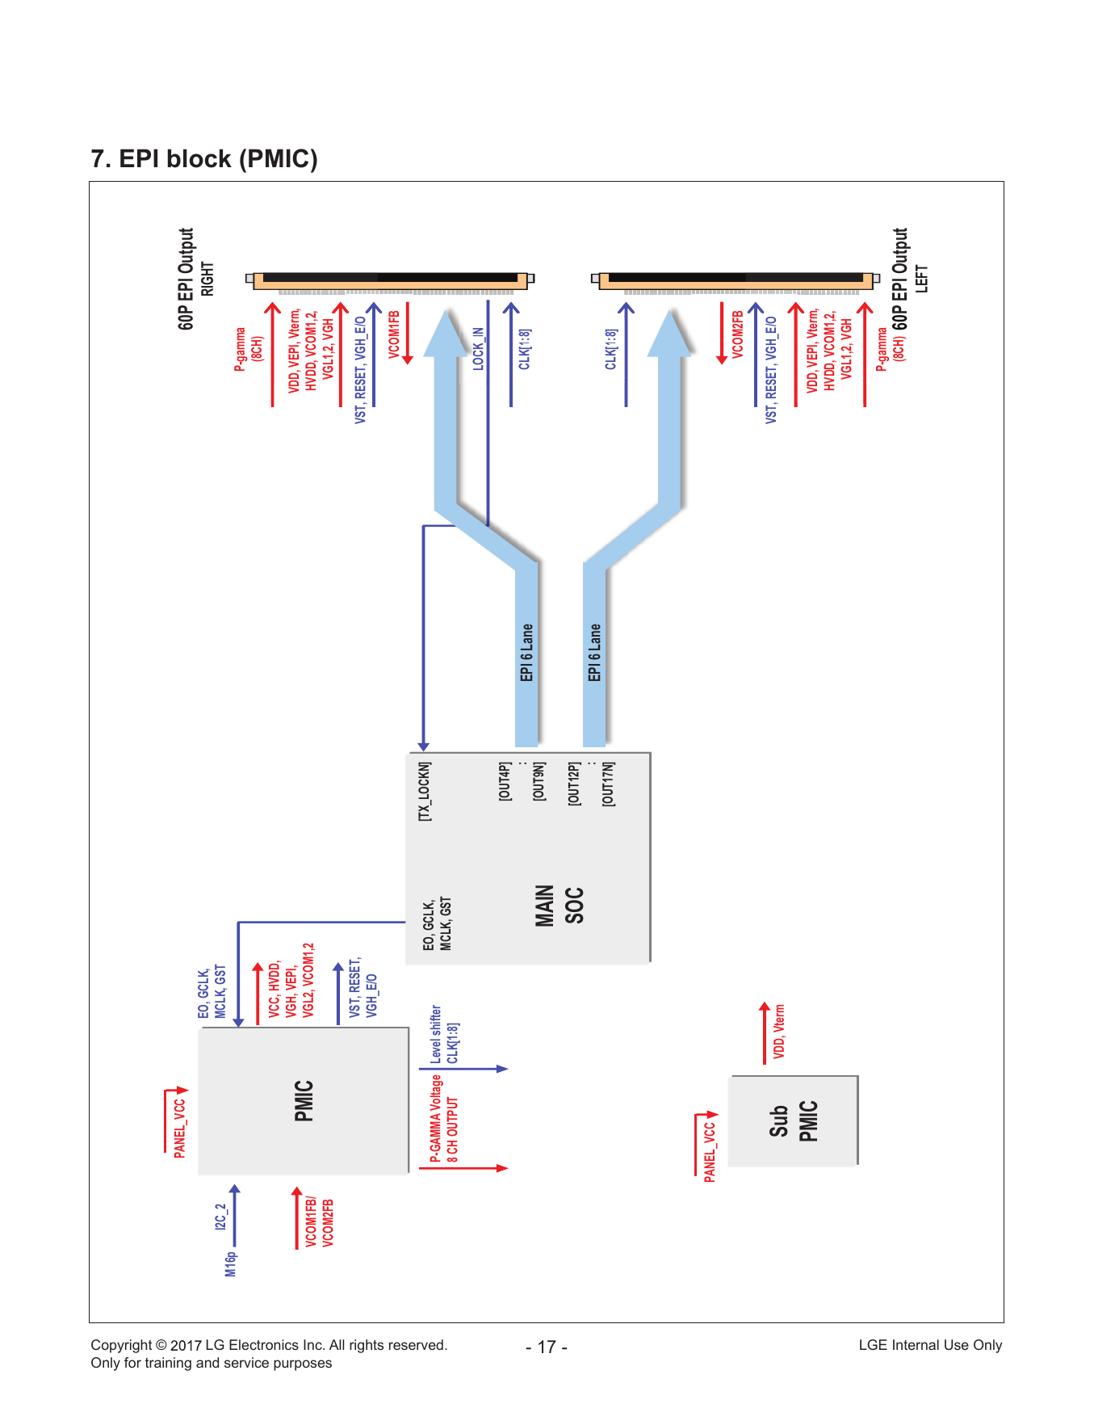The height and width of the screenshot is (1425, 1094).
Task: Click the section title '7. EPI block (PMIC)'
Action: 204,159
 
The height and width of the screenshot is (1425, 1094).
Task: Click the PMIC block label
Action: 304,1101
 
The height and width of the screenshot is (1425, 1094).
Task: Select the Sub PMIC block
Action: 792,1120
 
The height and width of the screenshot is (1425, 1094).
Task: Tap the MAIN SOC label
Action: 558,906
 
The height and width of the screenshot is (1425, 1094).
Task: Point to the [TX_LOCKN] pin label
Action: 425,792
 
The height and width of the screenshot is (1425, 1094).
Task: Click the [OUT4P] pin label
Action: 505,781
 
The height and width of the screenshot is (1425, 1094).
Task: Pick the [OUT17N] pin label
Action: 608,784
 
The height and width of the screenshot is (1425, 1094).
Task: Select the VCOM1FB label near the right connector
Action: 394,334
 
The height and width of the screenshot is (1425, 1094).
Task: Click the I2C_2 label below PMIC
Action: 220,1217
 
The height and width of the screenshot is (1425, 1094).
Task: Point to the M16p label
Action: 231,1263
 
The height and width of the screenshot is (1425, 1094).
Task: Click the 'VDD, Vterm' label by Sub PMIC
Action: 779,1032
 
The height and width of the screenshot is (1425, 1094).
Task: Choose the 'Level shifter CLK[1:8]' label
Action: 444,1034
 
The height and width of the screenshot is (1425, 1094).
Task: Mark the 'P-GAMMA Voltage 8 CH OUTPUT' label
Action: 444,1119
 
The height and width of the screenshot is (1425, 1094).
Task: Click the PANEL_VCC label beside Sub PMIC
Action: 710,1152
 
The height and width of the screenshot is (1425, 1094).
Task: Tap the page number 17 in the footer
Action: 547,1347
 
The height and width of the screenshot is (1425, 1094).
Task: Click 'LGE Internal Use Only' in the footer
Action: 930,1345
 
